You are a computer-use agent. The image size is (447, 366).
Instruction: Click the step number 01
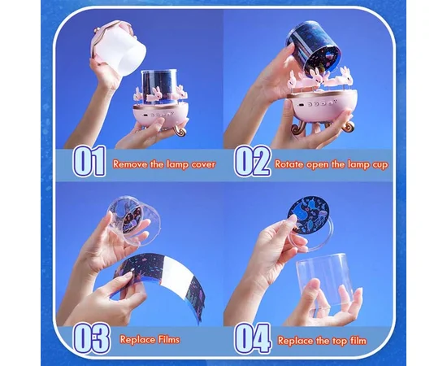pos(89,161)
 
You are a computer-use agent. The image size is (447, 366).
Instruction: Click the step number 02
pos(252,161)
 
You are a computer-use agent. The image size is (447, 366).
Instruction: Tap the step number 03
pos(91,338)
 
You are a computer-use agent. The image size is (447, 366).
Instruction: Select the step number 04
pos(252,338)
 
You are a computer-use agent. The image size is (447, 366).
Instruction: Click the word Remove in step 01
pos(130,164)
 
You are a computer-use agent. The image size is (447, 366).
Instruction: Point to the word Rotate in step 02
pos(289,164)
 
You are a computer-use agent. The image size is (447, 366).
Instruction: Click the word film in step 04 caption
pos(358,341)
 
